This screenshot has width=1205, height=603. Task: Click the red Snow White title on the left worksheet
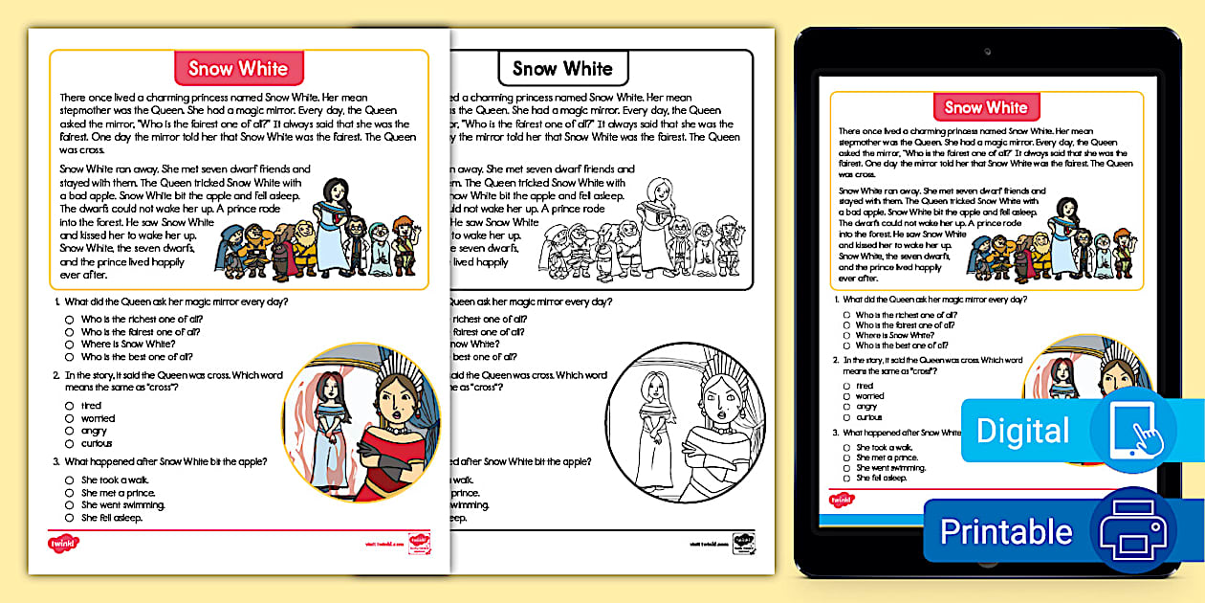click(238, 68)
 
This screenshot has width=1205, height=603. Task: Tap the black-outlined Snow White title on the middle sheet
click(562, 68)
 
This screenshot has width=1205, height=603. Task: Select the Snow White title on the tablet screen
click(986, 107)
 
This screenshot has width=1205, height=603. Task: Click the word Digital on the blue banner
click(1022, 431)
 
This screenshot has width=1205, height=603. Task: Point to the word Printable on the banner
click(1006, 531)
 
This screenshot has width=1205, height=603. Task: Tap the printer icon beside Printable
click(1132, 530)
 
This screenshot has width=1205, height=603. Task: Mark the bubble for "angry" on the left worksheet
click(70, 431)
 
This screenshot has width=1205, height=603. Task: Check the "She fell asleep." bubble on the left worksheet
click(70, 518)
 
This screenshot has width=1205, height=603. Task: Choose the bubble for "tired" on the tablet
click(847, 386)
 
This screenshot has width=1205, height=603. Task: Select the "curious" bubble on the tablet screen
click(847, 417)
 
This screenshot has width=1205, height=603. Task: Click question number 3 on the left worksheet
click(56, 461)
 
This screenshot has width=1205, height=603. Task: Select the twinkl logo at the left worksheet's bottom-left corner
click(64, 543)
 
